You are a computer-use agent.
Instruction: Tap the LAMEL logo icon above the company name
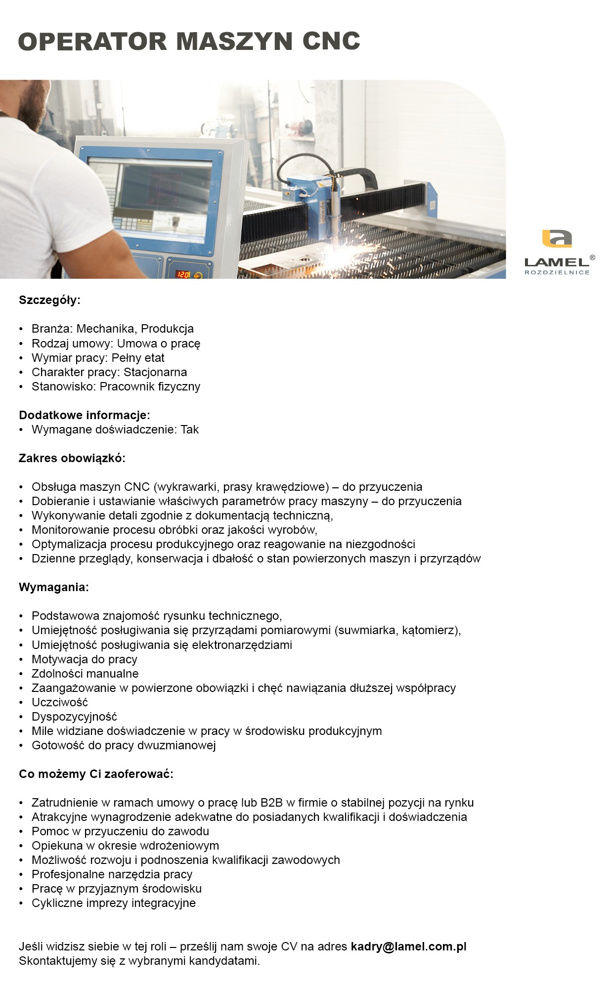click(557, 239)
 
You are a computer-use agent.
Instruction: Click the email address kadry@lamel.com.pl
click(408, 946)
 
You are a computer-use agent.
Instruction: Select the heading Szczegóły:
click(49, 300)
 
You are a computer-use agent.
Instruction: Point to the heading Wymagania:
click(54, 587)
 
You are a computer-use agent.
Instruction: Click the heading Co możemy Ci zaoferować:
click(96, 774)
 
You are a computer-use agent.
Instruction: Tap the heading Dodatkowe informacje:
click(85, 415)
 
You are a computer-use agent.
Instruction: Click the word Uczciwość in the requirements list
click(60, 702)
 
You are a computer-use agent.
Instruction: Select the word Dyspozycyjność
click(74, 717)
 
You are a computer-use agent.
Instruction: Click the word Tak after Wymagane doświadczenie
click(189, 429)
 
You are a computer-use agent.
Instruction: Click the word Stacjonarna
click(155, 372)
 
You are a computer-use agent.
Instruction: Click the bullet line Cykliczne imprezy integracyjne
click(114, 903)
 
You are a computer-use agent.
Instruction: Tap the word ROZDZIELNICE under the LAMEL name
click(557, 272)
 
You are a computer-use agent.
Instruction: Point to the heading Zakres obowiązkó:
click(72, 458)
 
